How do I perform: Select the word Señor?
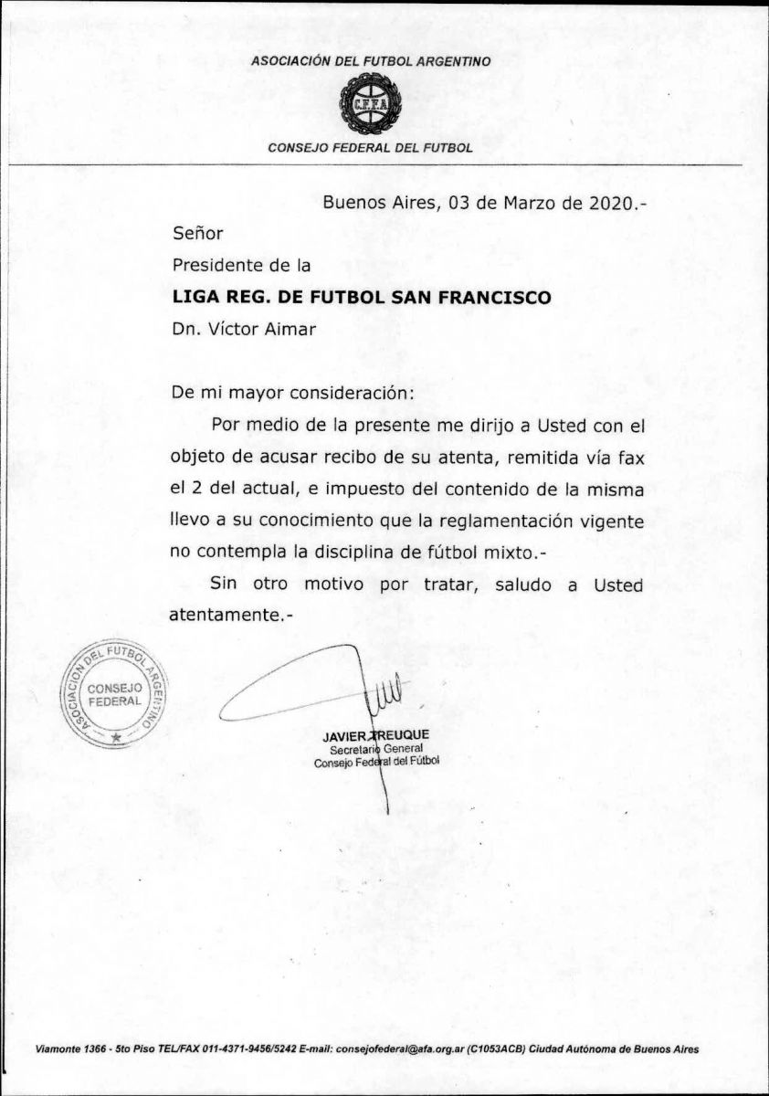coord(197,234)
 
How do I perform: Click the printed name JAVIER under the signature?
coord(342,735)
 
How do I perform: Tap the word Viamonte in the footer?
coord(59,1049)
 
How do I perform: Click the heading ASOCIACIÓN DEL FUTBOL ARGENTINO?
coord(371,61)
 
